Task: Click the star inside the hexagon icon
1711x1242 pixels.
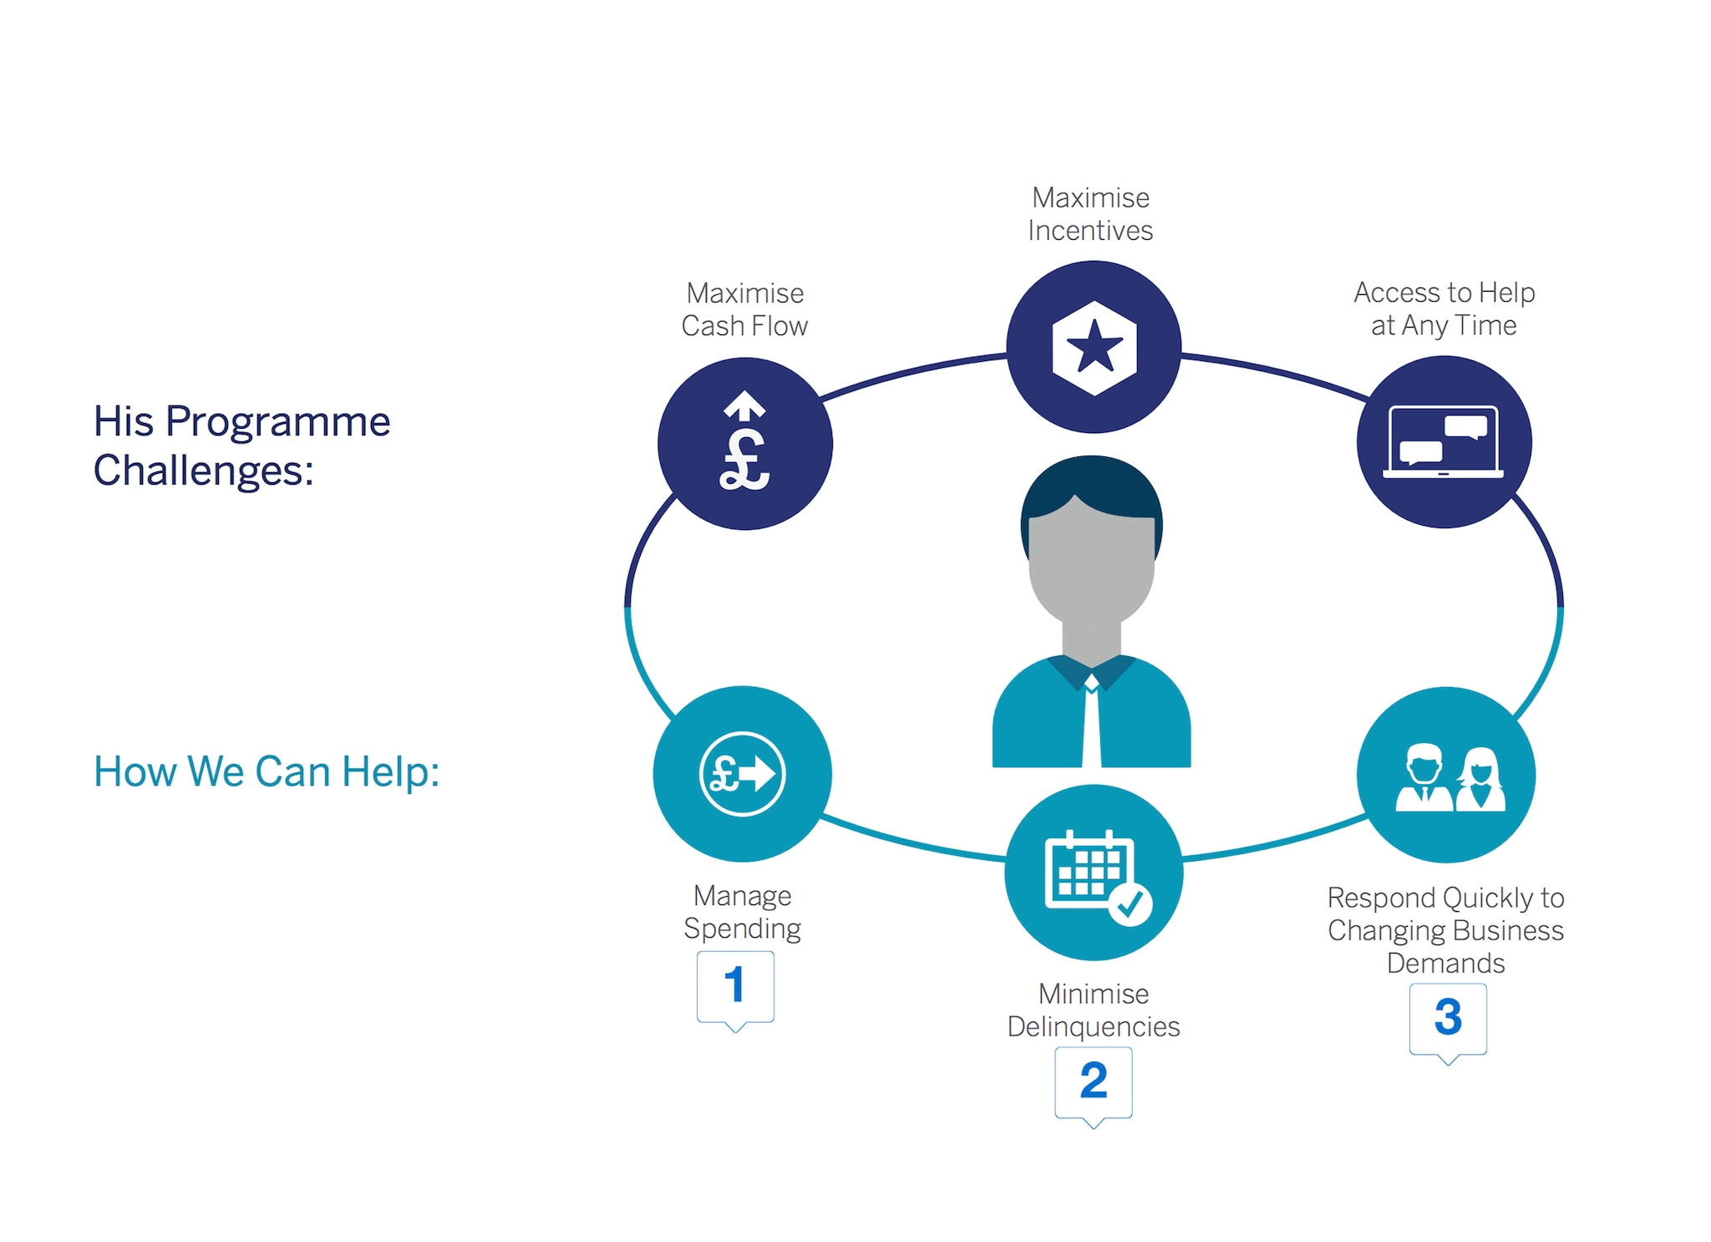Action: pos(1094,347)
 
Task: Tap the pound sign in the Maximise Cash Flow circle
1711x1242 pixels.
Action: pos(744,460)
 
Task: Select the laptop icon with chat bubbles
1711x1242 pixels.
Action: pos(1443,442)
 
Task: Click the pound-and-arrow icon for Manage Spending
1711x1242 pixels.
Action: pos(742,773)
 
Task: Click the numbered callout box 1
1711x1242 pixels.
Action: pos(735,986)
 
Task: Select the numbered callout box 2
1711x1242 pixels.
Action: pos(1093,1082)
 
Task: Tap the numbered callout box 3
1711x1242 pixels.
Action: pos(1448,1018)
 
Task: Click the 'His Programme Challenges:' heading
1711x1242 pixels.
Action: pos(241,445)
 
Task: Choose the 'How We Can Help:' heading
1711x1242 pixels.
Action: pos(266,771)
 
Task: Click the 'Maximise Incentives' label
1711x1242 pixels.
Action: pos(1090,214)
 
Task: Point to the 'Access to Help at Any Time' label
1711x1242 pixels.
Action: pos(1444,308)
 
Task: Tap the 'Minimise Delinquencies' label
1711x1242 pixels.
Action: pos(1093,1010)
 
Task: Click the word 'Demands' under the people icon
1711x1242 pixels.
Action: pos(1445,964)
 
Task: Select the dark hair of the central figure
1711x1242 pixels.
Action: pos(1090,485)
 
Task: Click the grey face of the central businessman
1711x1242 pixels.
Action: pos(1091,568)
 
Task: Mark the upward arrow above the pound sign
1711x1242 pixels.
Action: pos(744,405)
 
